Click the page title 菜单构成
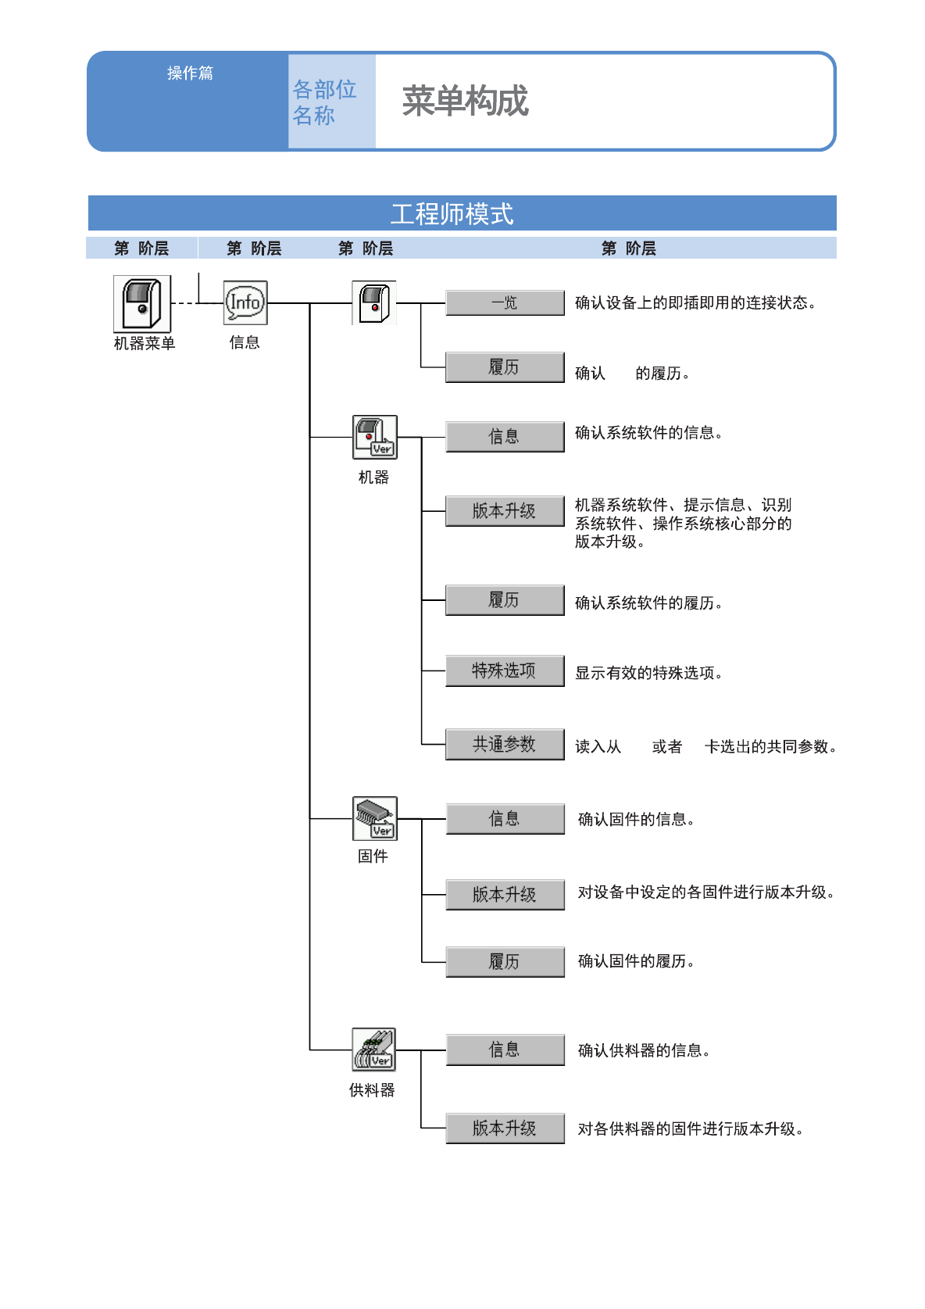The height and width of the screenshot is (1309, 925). pyautogui.click(x=465, y=102)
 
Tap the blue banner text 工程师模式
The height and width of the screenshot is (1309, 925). pyautogui.click(x=452, y=213)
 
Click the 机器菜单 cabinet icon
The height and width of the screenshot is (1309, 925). pyautogui.click(x=141, y=304)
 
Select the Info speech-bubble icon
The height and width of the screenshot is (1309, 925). pyautogui.click(x=245, y=302)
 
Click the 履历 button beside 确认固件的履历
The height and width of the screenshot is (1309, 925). pyautogui.click(x=505, y=961)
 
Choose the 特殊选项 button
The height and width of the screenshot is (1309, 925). pyautogui.click(x=505, y=671)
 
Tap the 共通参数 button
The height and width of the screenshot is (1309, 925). pyautogui.click(x=505, y=744)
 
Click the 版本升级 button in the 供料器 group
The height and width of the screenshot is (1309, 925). pyautogui.click(x=505, y=1128)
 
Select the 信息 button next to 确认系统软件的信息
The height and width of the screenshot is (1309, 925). pyautogui.click(x=505, y=436)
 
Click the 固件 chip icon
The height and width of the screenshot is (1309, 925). pyautogui.click(x=375, y=818)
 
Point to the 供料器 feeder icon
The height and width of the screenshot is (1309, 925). pyautogui.click(x=373, y=1049)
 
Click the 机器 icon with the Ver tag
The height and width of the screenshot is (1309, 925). pyautogui.click(x=375, y=437)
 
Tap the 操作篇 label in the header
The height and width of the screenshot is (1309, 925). pyautogui.click(x=190, y=73)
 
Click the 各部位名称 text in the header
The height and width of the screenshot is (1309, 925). pyautogui.click(x=323, y=102)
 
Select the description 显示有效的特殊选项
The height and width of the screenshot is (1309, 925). pyautogui.click(x=648, y=673)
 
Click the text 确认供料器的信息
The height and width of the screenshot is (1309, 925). pyautogui.click(x=643, y=1050)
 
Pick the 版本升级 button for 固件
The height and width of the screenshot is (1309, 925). pyautogui.click(x=505, y=894)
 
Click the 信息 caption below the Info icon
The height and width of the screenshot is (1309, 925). pyautogui.click(x=245, y=342)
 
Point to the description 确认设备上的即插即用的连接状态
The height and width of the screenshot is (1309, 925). pyautogui.click(x=695, y=303)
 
